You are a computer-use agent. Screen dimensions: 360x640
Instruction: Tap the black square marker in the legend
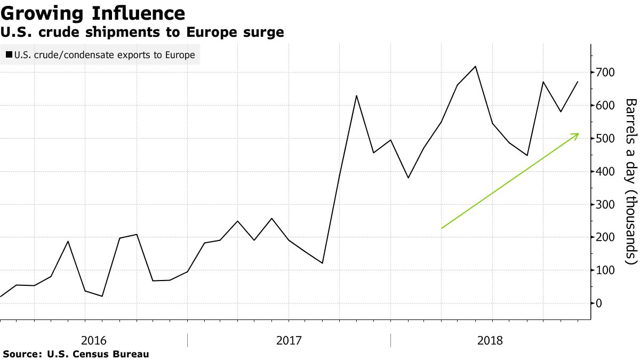[x=9, y=54]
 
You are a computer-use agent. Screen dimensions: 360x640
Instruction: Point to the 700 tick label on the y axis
[x=606, y=72]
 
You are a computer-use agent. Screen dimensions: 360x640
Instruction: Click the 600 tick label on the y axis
[x=606, y=106]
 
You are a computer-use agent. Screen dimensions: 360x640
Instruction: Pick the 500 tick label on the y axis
[x=606, y=139]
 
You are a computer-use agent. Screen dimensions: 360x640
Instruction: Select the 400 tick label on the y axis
[x=606, y=172]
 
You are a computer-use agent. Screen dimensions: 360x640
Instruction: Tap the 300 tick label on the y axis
[x=606, y=205]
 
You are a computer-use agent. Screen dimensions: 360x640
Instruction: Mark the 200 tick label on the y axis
[x=606, y=237]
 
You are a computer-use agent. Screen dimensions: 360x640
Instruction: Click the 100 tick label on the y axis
[x=606, y=270]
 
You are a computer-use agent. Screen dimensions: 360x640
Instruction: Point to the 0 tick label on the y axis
[x=599, y=303]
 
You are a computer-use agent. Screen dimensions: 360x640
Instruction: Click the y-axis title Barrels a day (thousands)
[x=631, y=181]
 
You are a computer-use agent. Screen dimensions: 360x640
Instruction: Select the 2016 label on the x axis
[x=94, y=340]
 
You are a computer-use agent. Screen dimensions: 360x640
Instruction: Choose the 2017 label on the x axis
[x=289, y=340]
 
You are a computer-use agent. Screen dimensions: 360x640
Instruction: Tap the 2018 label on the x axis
[x=490, y=340]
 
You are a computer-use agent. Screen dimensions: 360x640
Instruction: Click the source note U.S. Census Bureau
[x=76, y=354]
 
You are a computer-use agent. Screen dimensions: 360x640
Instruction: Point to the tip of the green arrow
[x=579, y=133]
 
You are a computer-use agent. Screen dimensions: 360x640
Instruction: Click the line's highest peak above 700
[x=475, y=67]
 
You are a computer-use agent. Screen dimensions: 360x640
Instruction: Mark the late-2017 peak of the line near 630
[x=356, y=95]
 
